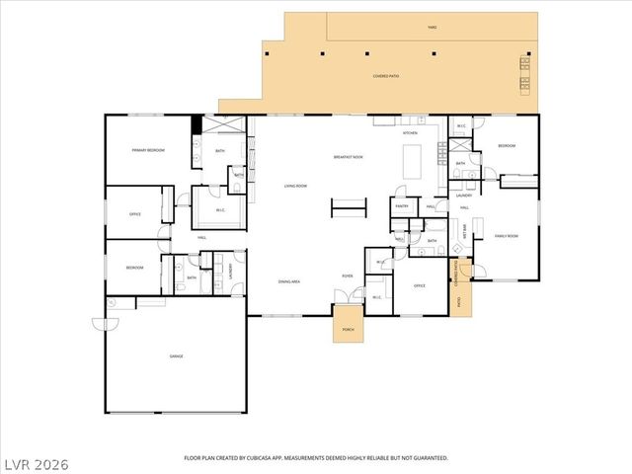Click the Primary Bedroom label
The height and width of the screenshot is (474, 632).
[x=148, y=150]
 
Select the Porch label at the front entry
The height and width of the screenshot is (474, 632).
[x=347, y=330]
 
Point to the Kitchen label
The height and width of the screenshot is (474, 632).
[x=410, y=132]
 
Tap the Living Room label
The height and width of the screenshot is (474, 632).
[x=295, y=186]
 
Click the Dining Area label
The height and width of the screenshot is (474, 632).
[x=289, y=281]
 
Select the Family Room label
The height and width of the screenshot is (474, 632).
[x=507, y=236]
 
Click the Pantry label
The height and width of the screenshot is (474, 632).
[x=402, y=205]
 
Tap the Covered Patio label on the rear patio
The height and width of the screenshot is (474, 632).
[x=386, y=75]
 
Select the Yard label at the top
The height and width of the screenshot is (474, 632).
[x=432, y=28]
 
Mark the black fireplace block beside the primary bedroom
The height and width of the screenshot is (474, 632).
[x=197, y=124]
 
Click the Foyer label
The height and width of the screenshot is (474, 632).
[x=348, y=276]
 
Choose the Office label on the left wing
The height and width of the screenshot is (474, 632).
[x=135, y=214]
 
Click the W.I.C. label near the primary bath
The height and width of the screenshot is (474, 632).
[x=221, y=209]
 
